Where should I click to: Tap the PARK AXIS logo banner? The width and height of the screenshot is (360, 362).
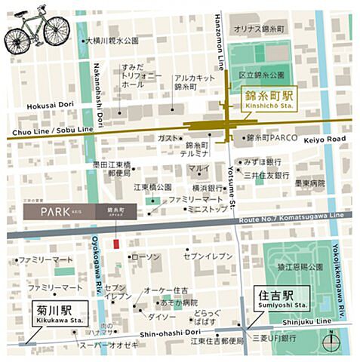point(80,212)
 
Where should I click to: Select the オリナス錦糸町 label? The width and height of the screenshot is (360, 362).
point(260,27)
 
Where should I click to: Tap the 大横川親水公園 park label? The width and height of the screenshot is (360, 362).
point(111,39)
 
